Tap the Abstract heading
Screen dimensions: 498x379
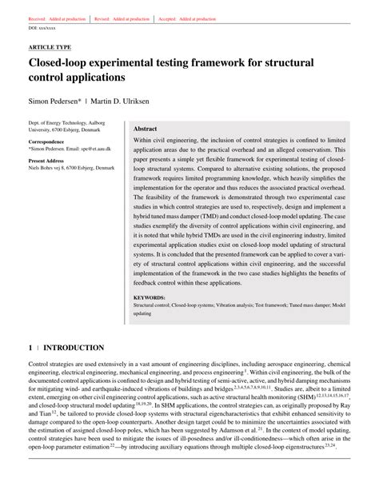[145, 128]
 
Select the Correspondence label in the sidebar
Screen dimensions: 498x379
[49, 141]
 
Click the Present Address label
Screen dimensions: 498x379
[50, 161]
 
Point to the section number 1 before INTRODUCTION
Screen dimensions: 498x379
[30, 349]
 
